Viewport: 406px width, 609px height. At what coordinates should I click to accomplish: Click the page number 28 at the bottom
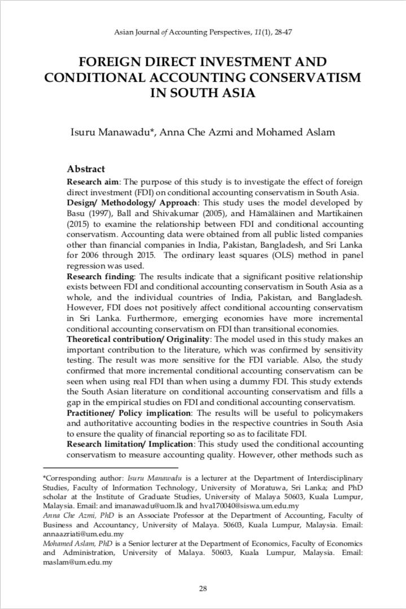[x=203, y=589]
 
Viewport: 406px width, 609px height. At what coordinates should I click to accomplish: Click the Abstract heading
[x=86, y=169]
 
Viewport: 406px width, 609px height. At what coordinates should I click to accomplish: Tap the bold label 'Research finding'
[x=99, y=276]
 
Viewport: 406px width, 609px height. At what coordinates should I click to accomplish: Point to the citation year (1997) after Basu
[x=103, y=211]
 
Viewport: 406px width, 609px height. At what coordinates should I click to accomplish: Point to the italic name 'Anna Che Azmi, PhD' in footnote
[x=80, y=515]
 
